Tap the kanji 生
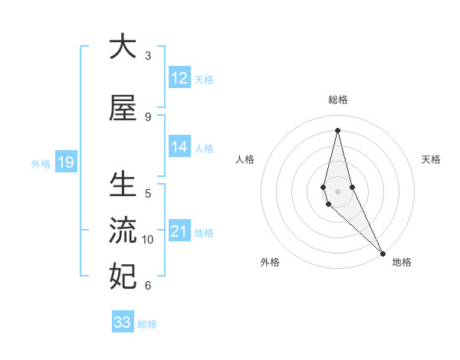[x=123, y=185]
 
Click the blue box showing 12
[x=179, y=78]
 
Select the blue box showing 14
[x=179, y=147]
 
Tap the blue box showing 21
[x=179, y=231]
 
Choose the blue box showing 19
[x=65, y=162]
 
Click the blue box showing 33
[x=123, y=322]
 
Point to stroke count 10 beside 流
[x=148, y=240]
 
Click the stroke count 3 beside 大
[x=148, y=55]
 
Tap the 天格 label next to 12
[x=204, y=79]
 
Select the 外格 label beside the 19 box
[x=40, y=163]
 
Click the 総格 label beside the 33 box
[x=147, y=323]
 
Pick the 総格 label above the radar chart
[x=337, y=100]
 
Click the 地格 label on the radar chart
[x=402, y=262]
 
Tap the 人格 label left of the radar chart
[x=245, y=159]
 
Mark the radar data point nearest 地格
[x=383, y=254]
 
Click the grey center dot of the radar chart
[x=337, y=191]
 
